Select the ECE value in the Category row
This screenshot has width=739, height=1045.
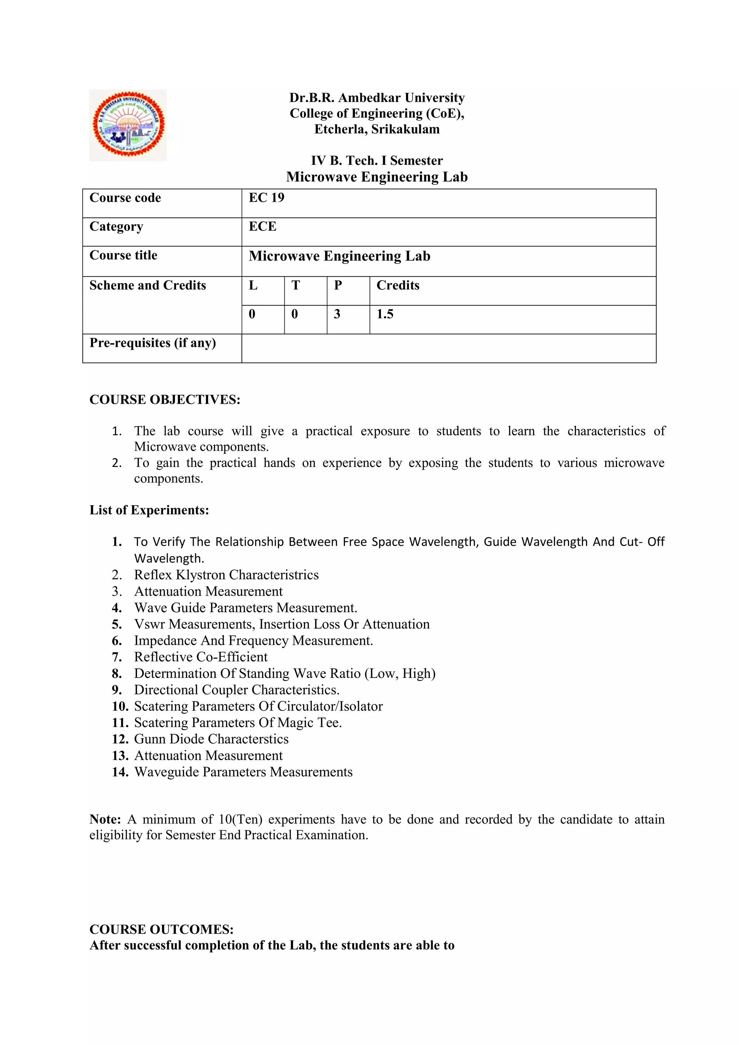263,226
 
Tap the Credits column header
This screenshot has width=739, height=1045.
398,285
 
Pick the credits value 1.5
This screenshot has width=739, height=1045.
385,314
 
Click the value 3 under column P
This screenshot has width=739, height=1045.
337,314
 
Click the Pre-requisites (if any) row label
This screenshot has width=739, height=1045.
152,343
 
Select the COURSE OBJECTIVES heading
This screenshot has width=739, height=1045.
165,399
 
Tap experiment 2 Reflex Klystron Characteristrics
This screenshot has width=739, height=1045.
226,575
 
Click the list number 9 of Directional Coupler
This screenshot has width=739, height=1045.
117,690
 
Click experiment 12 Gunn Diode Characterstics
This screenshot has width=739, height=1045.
211,739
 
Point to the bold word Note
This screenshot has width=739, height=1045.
105,819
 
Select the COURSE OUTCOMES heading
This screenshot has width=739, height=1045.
162,930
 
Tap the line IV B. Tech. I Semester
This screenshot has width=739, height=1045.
377,161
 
